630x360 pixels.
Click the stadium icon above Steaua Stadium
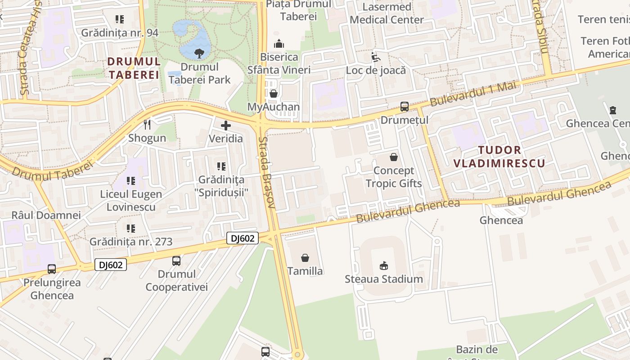(384, 265)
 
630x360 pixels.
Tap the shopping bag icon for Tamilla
(305, 258)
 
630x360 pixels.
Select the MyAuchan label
(274, 107)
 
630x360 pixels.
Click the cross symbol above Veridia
(226, 126)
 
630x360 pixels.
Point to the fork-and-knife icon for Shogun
(147, 124)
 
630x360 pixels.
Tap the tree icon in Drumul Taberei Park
(198, 54)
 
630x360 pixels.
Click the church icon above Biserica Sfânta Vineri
(279, 44)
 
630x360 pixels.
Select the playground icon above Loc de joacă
(375, 57)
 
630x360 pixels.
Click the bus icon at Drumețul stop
(405, 107)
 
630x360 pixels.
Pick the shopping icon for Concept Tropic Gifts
(394, 157)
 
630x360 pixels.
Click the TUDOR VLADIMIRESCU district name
(499, 157)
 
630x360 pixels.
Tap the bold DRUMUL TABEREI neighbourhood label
(134, 68)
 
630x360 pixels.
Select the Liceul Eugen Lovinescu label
(131, 201)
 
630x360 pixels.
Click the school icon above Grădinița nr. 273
(131, 229)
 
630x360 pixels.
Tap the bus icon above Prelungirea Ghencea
(52, 269)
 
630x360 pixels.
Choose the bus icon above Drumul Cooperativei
(176, 261)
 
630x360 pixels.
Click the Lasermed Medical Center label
(387, 13)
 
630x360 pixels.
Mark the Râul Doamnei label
(46, 215)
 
